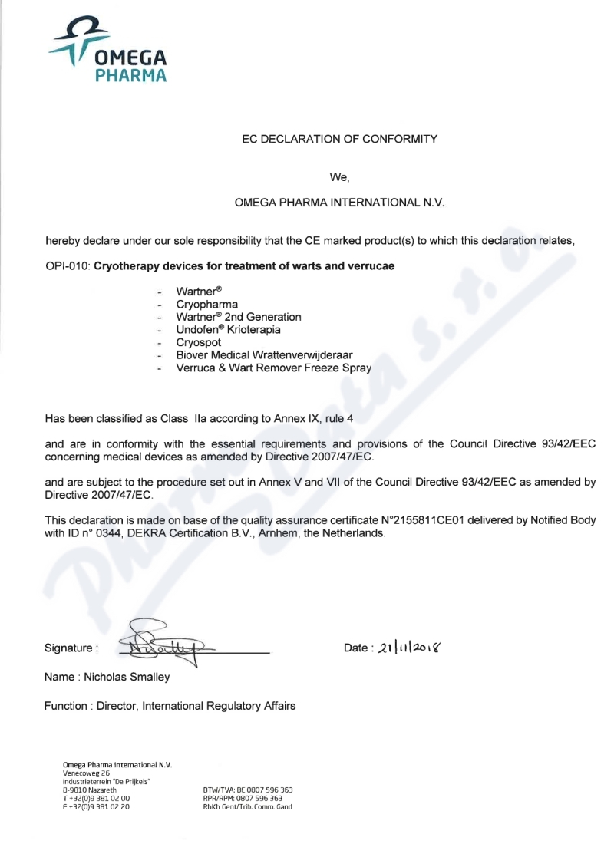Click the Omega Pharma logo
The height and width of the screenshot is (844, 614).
107,50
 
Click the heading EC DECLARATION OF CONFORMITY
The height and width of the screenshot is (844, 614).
339,139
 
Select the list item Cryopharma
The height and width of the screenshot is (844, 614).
206,304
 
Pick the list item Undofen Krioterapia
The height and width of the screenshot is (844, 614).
228,329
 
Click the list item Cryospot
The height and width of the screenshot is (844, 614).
199,342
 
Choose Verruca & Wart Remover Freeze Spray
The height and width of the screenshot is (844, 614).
273,368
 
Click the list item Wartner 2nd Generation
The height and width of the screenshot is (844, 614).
238,317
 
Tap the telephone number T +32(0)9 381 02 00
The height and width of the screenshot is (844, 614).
96,798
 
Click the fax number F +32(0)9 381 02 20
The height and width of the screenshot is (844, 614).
96,806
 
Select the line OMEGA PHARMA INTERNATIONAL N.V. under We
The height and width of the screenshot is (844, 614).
339,203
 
